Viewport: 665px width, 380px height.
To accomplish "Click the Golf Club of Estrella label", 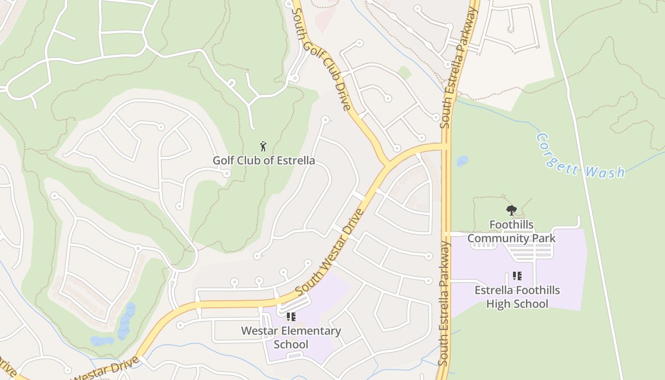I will click(x=263, y=161).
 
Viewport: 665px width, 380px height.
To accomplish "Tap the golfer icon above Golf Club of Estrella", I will click(x=263, y=146).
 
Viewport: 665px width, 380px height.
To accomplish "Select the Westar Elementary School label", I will click(x=291, y=337).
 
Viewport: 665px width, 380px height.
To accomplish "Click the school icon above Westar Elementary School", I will click(x=291, y=317).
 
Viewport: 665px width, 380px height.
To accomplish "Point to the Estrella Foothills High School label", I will click(x=517, y=297).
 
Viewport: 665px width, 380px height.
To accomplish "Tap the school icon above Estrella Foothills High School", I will click(x=517, y=276).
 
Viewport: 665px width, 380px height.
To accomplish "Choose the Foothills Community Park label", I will click(x=511, y=231).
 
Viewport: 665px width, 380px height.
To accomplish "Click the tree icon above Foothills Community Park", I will click(x=511, y=210).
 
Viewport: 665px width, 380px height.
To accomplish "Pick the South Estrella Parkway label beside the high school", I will click(x=444, y=304).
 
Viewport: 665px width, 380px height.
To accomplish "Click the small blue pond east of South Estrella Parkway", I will click(x=462, y=161).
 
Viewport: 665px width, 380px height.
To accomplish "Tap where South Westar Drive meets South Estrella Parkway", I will click(x=446, y=146).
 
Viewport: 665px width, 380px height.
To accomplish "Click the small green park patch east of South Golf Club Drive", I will click(x=404, y=73).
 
